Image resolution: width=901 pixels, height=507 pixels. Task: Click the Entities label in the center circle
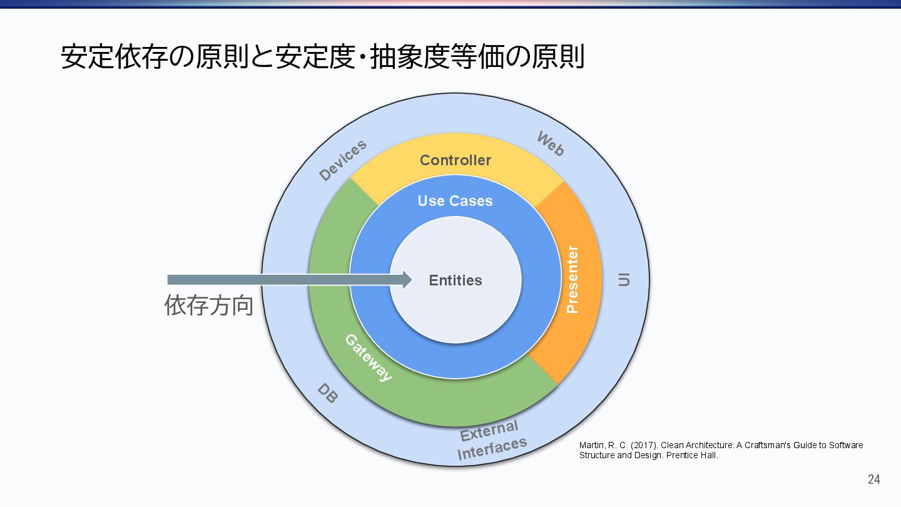(x=456, y=280)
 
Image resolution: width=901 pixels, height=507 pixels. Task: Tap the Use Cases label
(x=455, y=201)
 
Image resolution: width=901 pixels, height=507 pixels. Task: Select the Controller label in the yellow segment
(x=456, y=160)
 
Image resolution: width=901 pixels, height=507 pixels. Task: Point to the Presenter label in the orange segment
(x=572, y=279)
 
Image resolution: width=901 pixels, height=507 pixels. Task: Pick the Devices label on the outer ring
(x=342, y=161)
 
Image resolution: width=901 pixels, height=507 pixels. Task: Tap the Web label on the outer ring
(x=551, y=144)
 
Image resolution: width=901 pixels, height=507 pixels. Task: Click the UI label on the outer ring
(x=624, y=280)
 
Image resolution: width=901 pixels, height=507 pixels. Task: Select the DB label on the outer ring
(x=327, y=393)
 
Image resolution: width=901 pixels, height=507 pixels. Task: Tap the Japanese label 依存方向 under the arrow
(x=209, y=305)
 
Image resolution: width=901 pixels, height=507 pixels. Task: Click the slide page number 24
(x=873, y=479)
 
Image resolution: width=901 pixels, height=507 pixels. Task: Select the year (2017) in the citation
(x=644, y=445)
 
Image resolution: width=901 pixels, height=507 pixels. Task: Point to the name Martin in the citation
(x=591, y=445)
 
